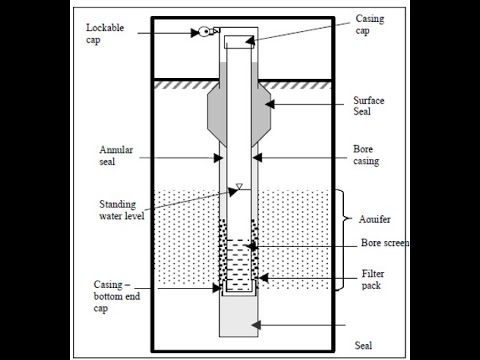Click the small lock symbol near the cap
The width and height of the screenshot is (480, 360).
pos(206,32)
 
